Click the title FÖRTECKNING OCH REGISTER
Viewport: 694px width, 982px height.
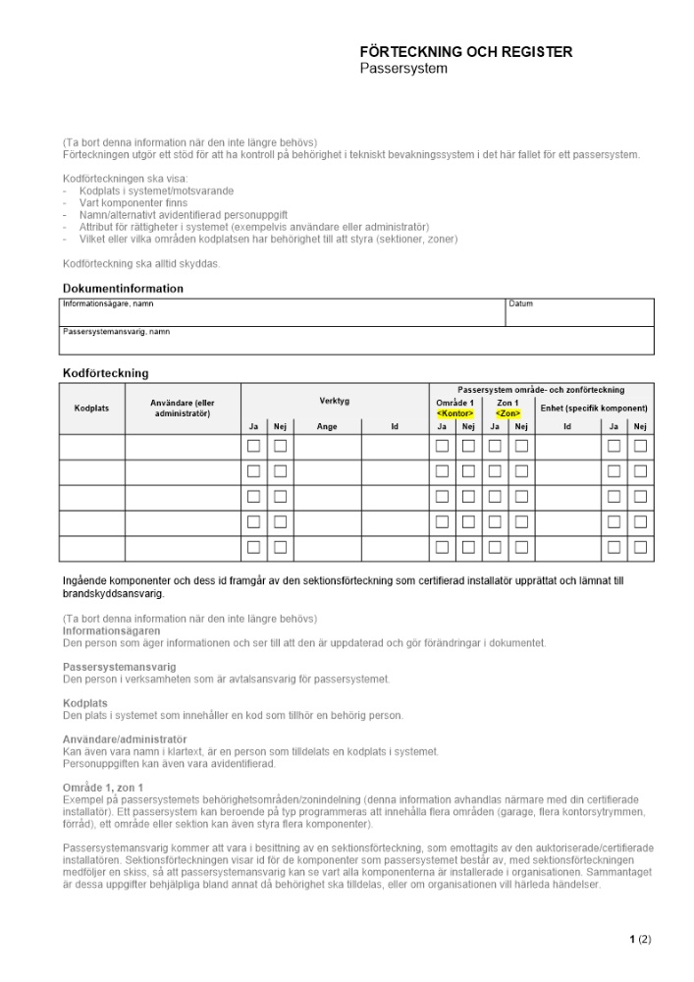(465, 52)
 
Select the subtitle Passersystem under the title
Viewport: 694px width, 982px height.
(402, 69)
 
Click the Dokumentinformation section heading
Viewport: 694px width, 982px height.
(123, 289)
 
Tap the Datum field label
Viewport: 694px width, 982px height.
(520, 304)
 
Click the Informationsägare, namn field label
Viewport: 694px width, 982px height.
(108, 304)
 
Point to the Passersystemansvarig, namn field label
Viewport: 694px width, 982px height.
(116, 332)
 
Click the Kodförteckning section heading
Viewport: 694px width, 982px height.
(105, 373)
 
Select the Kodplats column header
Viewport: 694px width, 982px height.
(92, 408)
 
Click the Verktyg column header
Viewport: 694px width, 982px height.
(334, 401)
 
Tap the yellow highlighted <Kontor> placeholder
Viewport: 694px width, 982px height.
(454, 413)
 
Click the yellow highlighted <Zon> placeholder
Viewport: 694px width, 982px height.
(507, 413)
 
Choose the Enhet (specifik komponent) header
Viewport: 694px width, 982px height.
(594, 408)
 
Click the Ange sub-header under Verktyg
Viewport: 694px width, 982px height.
(327, 426)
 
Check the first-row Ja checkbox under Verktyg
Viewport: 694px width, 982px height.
(253, 446)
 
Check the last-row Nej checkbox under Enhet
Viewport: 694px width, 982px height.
(640, 548)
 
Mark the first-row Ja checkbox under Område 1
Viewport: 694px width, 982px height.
(442, 446)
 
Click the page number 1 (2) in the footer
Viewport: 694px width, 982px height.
(639, 940)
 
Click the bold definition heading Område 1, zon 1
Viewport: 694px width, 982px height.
(103, 788)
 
